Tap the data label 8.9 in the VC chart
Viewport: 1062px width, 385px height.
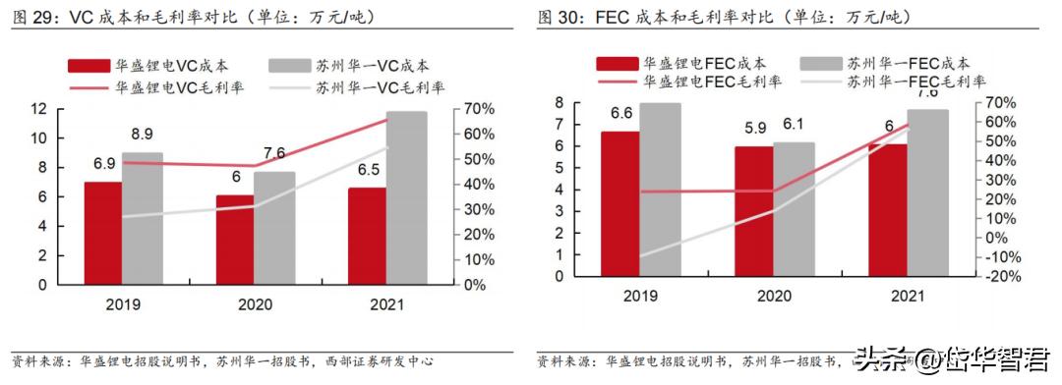click(x=142, y=134)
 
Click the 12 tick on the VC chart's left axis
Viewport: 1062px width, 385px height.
click(x=38, y=109)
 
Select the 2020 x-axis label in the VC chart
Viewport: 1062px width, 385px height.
click(x=254, y=304)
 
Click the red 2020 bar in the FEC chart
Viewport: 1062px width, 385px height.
click(x=752, y=211)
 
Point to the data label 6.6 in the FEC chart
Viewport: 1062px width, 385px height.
click(x=621, y=113)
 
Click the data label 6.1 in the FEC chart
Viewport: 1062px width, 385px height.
click(x=792, y=125)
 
